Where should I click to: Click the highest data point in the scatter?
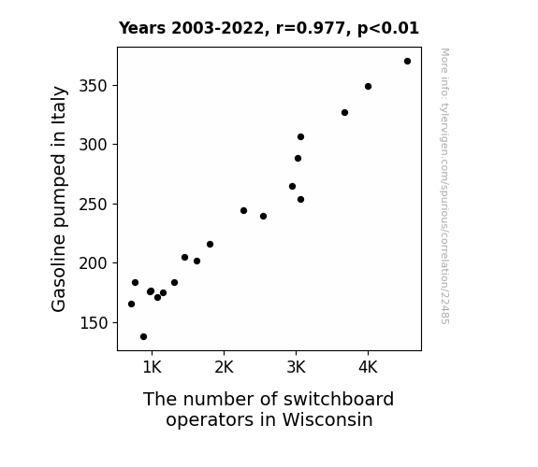[407, 62]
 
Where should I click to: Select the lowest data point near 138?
[143, 337]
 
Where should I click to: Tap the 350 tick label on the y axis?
[93, 86]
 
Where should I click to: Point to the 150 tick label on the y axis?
[93, 323]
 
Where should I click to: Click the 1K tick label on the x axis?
[152, 368]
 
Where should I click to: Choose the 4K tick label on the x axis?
[368, 368]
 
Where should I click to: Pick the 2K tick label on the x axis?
[224, 368]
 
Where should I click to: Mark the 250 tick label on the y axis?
[93, 205]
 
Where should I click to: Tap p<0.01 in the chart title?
[388, 29]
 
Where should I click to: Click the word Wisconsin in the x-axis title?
[327, 419]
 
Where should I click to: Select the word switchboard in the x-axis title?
[339, 399]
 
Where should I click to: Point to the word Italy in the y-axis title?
[59, 105]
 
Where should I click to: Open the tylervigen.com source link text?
[444, 186]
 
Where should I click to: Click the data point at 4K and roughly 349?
[368, 86]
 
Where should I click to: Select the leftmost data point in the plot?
[131, 304]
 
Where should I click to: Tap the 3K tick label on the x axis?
[296, 368]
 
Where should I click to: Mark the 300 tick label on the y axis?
[93, 145]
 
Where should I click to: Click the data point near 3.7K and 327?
[345, 112]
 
